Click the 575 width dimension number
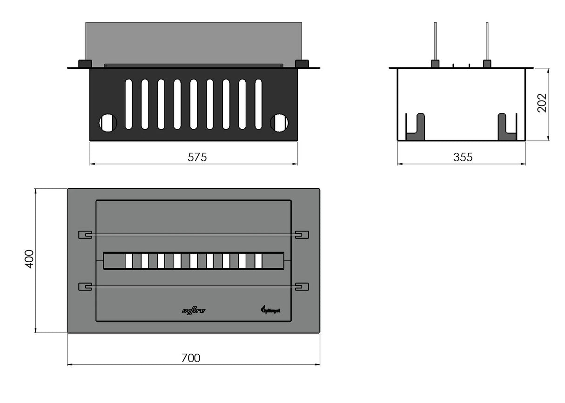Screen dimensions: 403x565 [x=197, y=158]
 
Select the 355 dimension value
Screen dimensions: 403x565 [x=463, y=158]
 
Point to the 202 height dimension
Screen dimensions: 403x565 [x=542, y=103]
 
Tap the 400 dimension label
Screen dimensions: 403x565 [x=29, y=259]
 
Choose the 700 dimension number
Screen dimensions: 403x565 [x=190, y=358]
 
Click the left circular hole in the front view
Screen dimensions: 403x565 [x=108, y=123]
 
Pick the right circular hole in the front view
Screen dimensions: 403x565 [x=279, y=123]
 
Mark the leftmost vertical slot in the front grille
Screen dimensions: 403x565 [x=129, y=104]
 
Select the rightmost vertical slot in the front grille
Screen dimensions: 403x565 [x=258, y=104]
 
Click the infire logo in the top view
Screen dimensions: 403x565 [x=193, y=310]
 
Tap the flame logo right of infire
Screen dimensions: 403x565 [x=269, y=309]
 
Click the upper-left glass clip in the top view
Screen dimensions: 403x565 [x=85, y=235]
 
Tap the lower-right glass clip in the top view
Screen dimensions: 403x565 [x=302, y=286]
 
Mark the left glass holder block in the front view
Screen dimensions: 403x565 [x=85, y=64]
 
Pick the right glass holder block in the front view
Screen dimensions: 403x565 [x=302, y=64]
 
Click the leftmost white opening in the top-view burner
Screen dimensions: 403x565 [x=128, y=261]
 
